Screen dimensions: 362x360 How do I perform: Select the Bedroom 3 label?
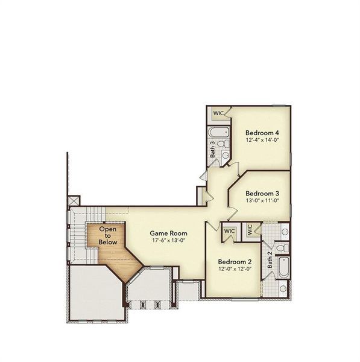pyautogui.click(x=262, y=193)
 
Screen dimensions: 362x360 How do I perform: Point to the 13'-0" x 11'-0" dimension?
pyautogui.click(x=262, y=201)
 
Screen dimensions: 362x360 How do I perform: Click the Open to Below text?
pyautogui.click(x=108, y=236)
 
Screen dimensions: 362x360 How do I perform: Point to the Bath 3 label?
pyautogui.click(x=212, y=149)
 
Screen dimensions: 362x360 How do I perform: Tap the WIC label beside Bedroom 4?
pyautogui.click(x=217, y=113)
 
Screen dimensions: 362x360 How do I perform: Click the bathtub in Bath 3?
pyautogui.click(x=218, y=131)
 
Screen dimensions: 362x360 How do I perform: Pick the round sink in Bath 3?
pyautogui.click(x=225, y=155)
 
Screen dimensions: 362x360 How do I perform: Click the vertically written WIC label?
pyautogui.click(x=250, y=230)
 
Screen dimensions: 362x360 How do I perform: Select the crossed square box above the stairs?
pyautogui.click(x=74, y=200)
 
